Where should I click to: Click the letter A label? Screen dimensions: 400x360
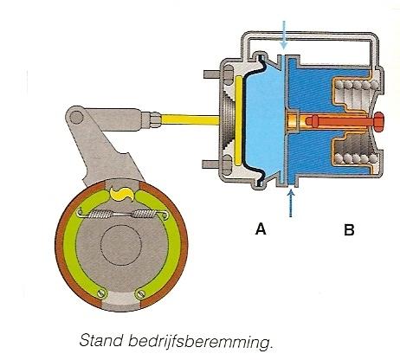point(261,228)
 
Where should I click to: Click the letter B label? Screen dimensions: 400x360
point(349,230)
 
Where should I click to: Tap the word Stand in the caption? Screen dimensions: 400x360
point(100,340)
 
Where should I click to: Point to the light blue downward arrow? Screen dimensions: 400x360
point(284,35)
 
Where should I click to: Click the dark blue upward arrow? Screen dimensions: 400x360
point(291,202)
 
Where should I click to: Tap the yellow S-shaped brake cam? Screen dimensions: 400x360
point(122,195)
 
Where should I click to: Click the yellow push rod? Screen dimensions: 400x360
point(190,119)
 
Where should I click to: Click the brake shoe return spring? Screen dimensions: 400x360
point(122,215)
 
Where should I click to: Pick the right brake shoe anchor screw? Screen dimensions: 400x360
point(139,294)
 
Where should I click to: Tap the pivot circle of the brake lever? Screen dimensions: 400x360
point(76,117)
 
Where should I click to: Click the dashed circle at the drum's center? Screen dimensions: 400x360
point(121,245)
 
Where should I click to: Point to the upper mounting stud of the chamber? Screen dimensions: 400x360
point(211,74)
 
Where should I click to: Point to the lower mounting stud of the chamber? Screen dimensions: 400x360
point(211,164)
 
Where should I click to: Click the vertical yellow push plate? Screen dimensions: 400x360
point(239,120)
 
